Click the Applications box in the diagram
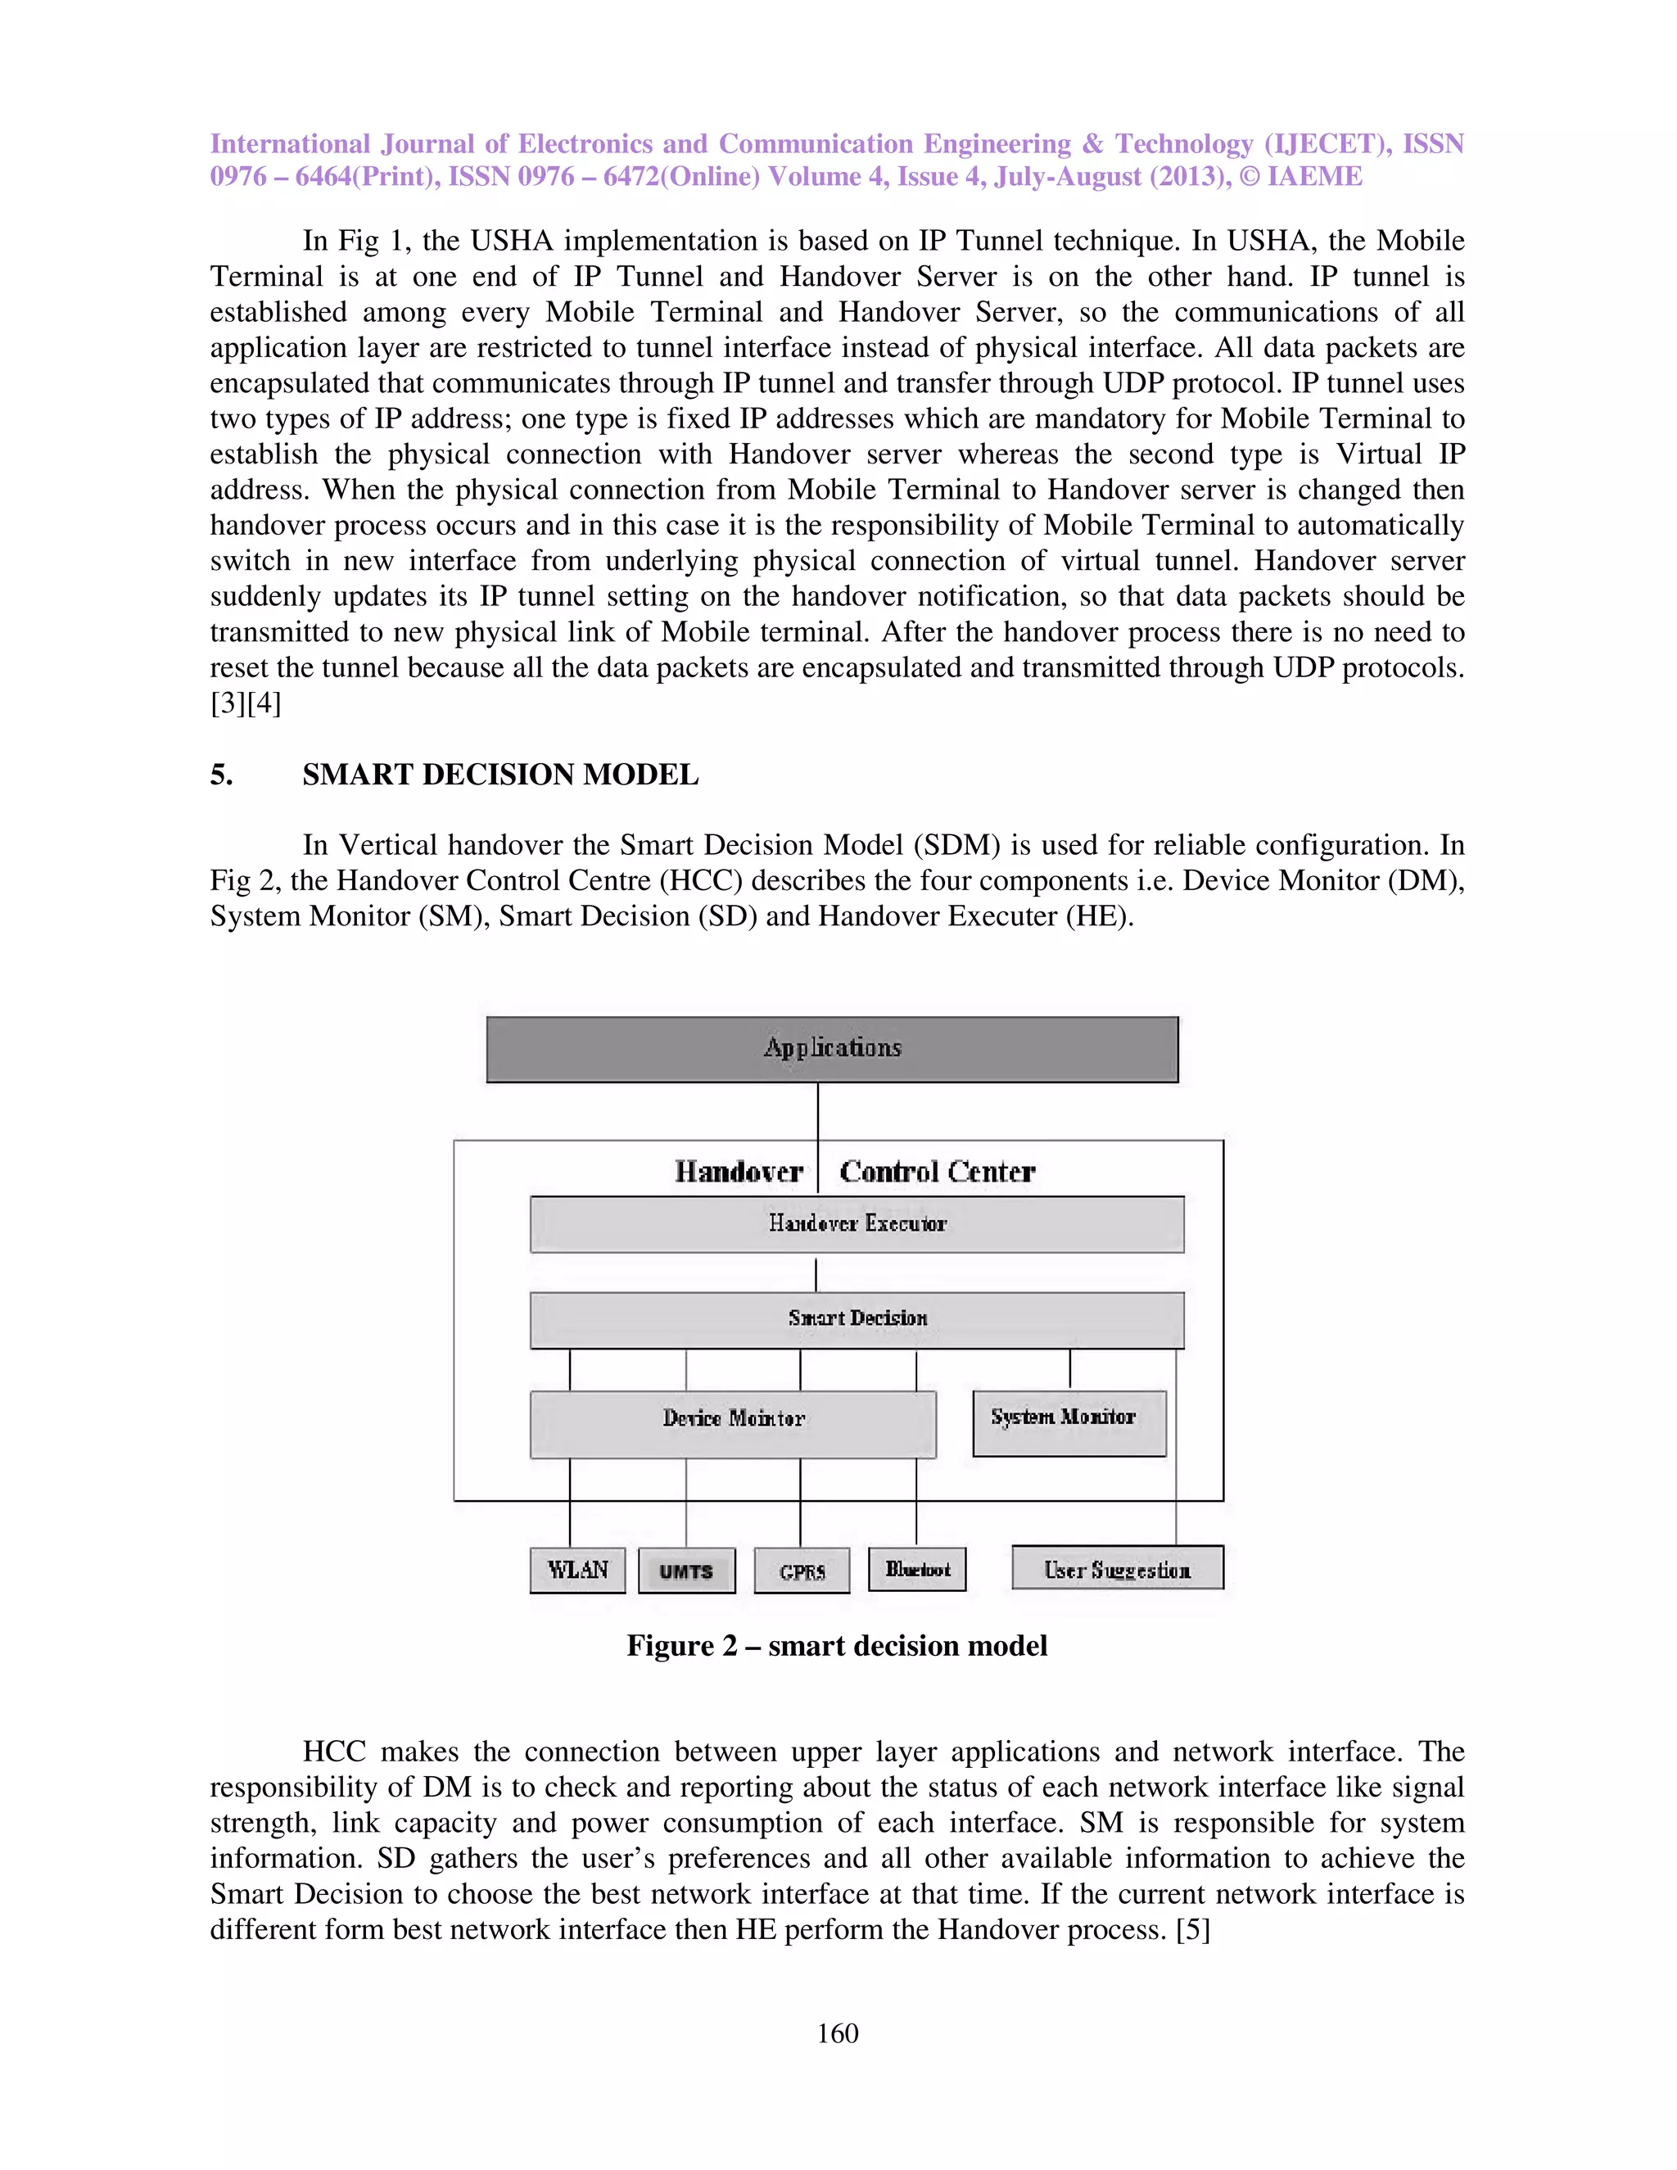tap(832, 1048)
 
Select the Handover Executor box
tap(857, 1223)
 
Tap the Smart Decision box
tap(857, 1318)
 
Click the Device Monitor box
tap(733, 1423)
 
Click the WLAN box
tap(577, 1570)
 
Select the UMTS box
tap(685, 1571)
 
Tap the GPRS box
tap(802, 1571)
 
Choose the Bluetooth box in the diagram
tap(917, 1569)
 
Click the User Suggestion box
tap(1117, 1568)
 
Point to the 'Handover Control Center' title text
tap(854, 1172)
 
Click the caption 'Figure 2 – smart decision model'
tap(837, 1647)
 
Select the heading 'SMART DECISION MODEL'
tap(499, 775)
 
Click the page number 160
tap(837, 2033)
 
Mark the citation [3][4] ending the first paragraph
tap(246, 703)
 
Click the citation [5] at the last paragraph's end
tap(1192, 1929)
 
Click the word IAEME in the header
tap(1314, 177)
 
